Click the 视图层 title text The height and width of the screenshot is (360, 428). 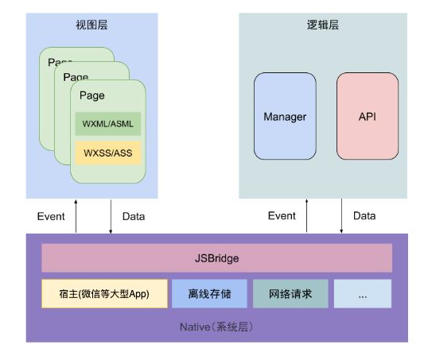point(91,25)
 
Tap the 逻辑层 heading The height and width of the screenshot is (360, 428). point(323,25)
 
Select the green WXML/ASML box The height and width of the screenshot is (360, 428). point(108,124)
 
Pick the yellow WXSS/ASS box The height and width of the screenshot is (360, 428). point(108,153)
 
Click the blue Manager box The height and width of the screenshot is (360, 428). point(285,116)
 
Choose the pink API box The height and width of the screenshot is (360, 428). point(367,116)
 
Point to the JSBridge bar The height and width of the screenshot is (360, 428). point(216,258)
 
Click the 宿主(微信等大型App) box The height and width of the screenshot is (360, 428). point(105,293)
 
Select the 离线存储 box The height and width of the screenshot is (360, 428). point(209,293)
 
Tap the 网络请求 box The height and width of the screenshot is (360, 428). point(290,293)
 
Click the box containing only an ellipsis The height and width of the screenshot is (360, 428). point(363,293)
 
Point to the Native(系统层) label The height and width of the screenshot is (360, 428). point(216,327)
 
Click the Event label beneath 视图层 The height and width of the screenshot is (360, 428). point(51,216)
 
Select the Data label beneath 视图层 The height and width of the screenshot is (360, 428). point(134,216)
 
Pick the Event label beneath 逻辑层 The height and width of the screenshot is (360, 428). point(282,216)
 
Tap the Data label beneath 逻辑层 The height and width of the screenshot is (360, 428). point(364,216)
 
